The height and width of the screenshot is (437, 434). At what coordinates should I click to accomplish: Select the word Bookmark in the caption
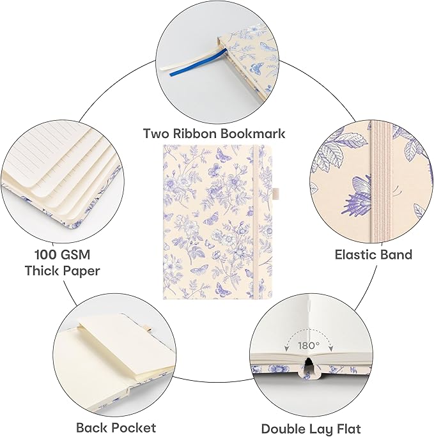(x=252, y=134)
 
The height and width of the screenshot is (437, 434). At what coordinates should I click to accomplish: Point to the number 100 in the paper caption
(x=46, y=255)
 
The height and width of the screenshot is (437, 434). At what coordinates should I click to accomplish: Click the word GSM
(x=76, y=255)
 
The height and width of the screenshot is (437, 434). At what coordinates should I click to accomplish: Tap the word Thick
(x=42, y=271)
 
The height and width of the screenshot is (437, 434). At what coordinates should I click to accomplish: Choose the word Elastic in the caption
(x=353, y=255)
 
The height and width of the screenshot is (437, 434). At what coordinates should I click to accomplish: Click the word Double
(x=283, y=429)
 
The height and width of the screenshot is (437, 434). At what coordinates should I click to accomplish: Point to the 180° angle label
(x=309, y=346)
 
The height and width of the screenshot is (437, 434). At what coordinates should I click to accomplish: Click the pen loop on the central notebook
(x=275, y=192)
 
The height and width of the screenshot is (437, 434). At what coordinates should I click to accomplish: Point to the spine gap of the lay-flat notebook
(x=308, y=365)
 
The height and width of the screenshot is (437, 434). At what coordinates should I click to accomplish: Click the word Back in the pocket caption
(x=94, y=427)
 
